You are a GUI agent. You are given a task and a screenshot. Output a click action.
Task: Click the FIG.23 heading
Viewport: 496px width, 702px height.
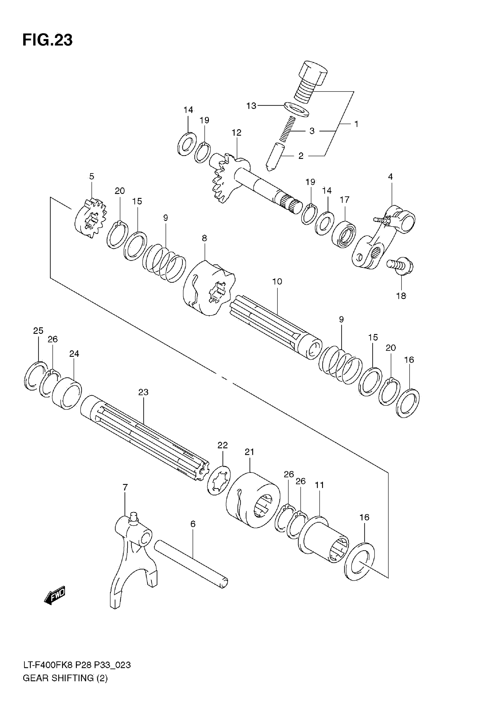(48, 40)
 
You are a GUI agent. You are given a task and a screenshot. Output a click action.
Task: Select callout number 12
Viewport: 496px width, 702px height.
(237, 133)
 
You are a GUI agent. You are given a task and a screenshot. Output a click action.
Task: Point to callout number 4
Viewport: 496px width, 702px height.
(390, 177)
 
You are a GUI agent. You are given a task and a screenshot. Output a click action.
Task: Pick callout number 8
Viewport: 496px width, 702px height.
(205, 238)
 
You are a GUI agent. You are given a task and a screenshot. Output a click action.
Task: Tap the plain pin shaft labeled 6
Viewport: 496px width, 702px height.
(191, 564)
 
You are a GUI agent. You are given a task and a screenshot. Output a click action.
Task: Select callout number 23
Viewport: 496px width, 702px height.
(143, 392)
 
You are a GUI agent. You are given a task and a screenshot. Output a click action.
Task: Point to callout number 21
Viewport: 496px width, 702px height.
(250, 452)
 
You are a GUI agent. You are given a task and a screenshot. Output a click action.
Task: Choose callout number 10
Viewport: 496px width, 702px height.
(277, 282)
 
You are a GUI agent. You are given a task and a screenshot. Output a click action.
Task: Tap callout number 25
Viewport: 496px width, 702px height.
(38, 331)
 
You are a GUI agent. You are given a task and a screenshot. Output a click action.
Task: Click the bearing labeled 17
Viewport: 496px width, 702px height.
(344, 234)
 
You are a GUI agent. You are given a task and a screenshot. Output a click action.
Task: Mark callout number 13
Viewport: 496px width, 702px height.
(251, 106)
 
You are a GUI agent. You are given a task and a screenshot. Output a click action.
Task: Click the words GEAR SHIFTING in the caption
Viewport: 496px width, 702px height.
(58, 687)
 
